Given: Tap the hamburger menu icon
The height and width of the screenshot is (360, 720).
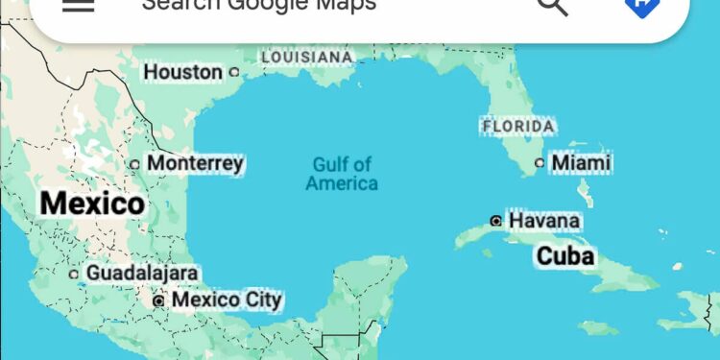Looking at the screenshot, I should tap(78, 4).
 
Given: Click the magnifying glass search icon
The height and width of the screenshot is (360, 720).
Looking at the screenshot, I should tap(552, 5).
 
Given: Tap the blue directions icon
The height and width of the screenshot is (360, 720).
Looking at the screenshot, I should tap(640, 5).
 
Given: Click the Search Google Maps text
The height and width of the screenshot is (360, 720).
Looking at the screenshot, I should tap(258, 4).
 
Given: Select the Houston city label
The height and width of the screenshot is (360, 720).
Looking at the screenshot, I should tap(182, 72).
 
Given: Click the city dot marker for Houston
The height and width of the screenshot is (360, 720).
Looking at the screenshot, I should tap(233, 72).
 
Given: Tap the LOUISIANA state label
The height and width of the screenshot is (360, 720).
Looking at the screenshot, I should tap(307, 58).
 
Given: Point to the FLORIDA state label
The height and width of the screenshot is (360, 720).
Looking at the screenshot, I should tap(518, 126).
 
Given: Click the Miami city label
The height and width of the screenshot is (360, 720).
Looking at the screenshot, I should tap(581, 163).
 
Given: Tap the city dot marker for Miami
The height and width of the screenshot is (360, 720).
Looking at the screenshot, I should tap(540, 163).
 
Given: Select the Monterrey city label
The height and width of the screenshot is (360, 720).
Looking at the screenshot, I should tap(195, 163).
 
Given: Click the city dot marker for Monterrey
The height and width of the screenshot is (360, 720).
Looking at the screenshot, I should tap(135, 164).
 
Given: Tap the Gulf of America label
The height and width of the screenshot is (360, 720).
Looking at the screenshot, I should tap(342, 174).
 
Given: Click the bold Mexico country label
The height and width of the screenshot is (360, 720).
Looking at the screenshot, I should tap(93, 204).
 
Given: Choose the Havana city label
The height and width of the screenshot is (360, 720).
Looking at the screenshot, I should tap(544, 221).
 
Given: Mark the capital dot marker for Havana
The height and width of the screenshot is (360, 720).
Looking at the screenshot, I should tap(495, 221).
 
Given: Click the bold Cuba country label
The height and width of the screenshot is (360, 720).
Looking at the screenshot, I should tap(565, 255).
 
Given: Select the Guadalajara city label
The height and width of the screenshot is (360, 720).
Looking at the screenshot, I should tap(142, 274).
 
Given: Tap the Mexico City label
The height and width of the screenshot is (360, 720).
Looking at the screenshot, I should tap(227, 300).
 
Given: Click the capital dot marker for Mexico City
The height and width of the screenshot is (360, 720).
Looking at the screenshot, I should tap(159, 301).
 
